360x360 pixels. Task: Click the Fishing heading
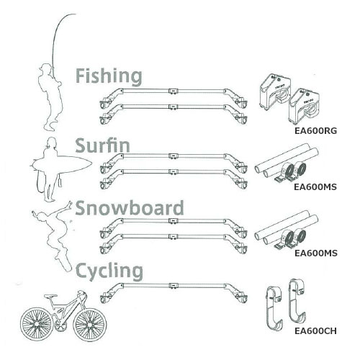click(109, 76)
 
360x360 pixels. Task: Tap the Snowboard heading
click(130, 207)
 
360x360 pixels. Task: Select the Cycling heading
click(109, 271)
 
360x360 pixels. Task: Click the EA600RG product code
click(316, 131)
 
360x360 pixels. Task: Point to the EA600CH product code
click(315, 331)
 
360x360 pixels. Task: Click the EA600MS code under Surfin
click(315, 187)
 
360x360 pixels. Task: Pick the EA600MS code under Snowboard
click(316, 253)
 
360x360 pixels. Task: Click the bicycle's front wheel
click(89, 324)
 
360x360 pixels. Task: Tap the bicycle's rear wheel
click(37, 324)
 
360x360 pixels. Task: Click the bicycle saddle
click(50, 296)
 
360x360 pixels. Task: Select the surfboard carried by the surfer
click(62, 163)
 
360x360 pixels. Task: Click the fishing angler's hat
click(45, 66)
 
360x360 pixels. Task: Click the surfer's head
click(52, 143)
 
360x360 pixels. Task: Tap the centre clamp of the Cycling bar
click(174, 286)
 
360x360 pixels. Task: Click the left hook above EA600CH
click(275, 308)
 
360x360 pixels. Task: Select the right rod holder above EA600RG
click(303, 107)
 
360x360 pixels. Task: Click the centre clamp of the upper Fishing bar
click(174, 91)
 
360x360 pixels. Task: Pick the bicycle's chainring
click(59, 325)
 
